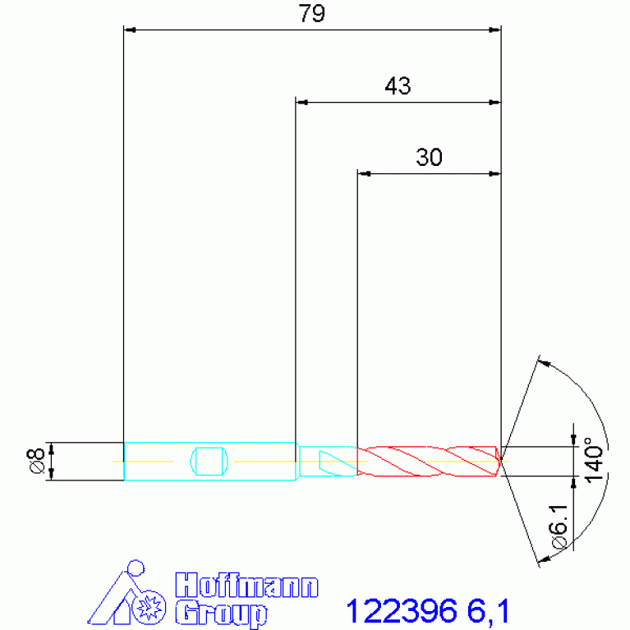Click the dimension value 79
point(311,13)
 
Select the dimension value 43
point(398,85)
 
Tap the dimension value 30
point(429,157)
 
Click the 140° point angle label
point(594,460)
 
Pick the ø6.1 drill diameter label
point(559,527)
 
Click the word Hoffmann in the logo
point(246,586)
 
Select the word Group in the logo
point(222,614)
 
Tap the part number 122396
point(402,611)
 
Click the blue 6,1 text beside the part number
point(488,611)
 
